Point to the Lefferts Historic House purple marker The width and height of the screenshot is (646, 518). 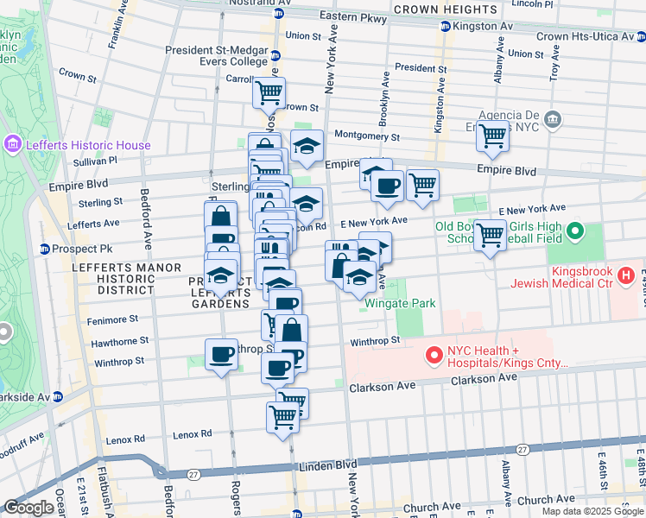point(13,144)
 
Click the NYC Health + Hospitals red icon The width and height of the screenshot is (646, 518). point(434,354)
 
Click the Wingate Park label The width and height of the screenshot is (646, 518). point(400,303)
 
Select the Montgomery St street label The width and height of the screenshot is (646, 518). point(366,136)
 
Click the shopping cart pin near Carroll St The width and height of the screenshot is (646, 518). point(269,92)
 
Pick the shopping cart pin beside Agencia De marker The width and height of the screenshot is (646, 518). point(492,135)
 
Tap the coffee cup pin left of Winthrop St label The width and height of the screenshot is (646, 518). point(222,355)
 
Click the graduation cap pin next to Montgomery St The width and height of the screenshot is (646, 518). point(307,148)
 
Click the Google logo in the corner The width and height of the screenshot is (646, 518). point(28,508)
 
